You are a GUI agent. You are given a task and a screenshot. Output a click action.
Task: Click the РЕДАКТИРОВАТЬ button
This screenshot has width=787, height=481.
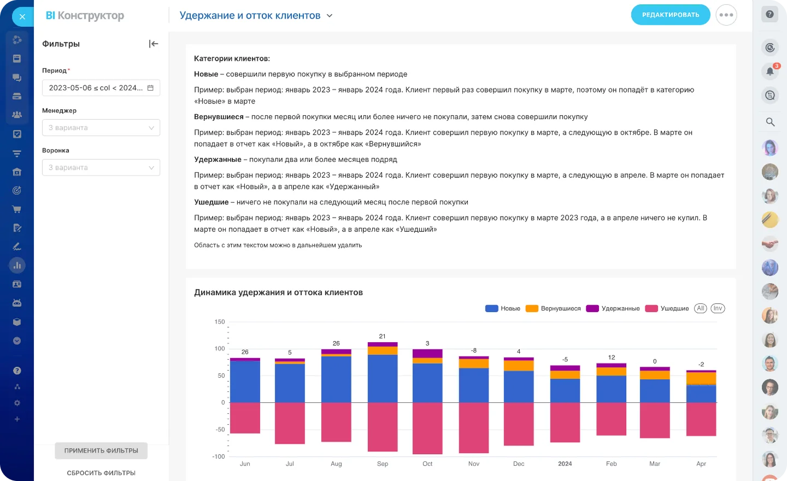click(x=670, y=15)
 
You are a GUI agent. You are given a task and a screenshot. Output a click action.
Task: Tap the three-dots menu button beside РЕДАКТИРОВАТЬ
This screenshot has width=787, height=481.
click(x=726, y=15)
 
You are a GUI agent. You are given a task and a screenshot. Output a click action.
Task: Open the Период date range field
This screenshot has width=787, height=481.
click(x=101, y=87)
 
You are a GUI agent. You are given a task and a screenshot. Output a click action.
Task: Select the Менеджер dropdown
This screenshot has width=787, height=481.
click(x=101, y=127)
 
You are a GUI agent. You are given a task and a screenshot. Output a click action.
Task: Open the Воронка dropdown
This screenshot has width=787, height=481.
click(x=101, y=167)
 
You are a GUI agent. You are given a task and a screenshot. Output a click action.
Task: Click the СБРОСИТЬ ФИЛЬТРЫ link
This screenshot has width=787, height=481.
click(x=101, y=473)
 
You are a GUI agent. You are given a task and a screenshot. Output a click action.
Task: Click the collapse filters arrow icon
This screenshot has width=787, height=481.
click(x=154, y=44)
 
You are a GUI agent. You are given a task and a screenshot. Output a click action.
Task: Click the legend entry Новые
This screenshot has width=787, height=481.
click(x=503, y=308)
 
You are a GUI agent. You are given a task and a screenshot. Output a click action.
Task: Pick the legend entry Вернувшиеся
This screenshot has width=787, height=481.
click(x=553, y=308)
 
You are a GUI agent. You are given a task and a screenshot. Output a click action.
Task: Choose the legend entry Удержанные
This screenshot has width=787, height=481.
click(x=613, y=308)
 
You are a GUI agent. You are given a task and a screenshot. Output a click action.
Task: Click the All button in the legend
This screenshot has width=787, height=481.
click(x=700, y=308)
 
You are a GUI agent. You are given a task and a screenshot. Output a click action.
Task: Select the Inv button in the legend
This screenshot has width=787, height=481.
click(x=718, y=308)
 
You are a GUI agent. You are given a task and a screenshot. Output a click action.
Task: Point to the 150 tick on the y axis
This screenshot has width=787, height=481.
click(x=220, y=322)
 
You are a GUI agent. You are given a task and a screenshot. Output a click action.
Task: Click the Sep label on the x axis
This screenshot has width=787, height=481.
click(x=383, y=464)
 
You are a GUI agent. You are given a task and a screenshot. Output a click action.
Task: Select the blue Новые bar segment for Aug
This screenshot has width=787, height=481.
click(x=336, y=379)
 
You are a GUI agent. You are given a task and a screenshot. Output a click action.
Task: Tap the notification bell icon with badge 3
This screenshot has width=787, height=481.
click(x=770, y=71)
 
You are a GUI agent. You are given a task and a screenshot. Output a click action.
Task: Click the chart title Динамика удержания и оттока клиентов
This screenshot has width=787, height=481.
click(x=278, y=292)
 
